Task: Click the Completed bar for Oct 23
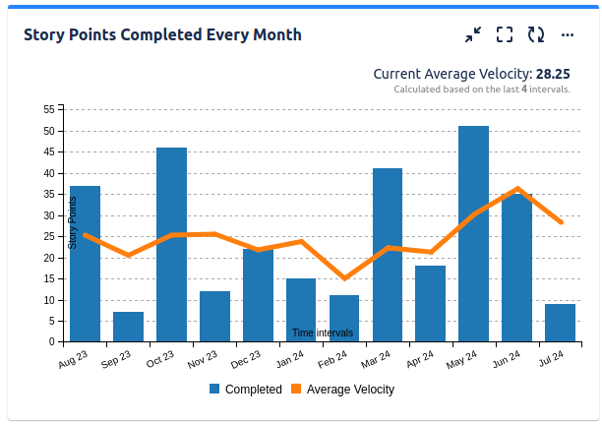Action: point(171,245)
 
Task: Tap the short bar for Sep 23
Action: point(128,327)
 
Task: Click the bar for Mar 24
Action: point(388,255)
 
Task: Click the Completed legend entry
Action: point(245,390)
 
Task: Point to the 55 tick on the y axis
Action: point(48,109)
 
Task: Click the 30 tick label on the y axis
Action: point(48,215)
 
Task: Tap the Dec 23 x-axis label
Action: point(247,362)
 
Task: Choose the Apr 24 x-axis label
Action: point(420,362)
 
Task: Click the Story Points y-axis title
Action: point(72,222)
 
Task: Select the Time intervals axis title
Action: point(322,333)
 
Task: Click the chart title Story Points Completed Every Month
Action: point(162,34)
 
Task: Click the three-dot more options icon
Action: point(568,34)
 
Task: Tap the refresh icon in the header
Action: point(536,34)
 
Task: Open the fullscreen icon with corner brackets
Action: point(505,34)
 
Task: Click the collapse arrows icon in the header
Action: point(473,34)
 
